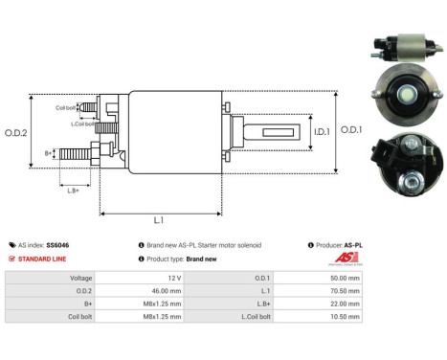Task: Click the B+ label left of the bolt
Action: (50, 152)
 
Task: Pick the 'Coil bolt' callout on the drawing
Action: (66, 107)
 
